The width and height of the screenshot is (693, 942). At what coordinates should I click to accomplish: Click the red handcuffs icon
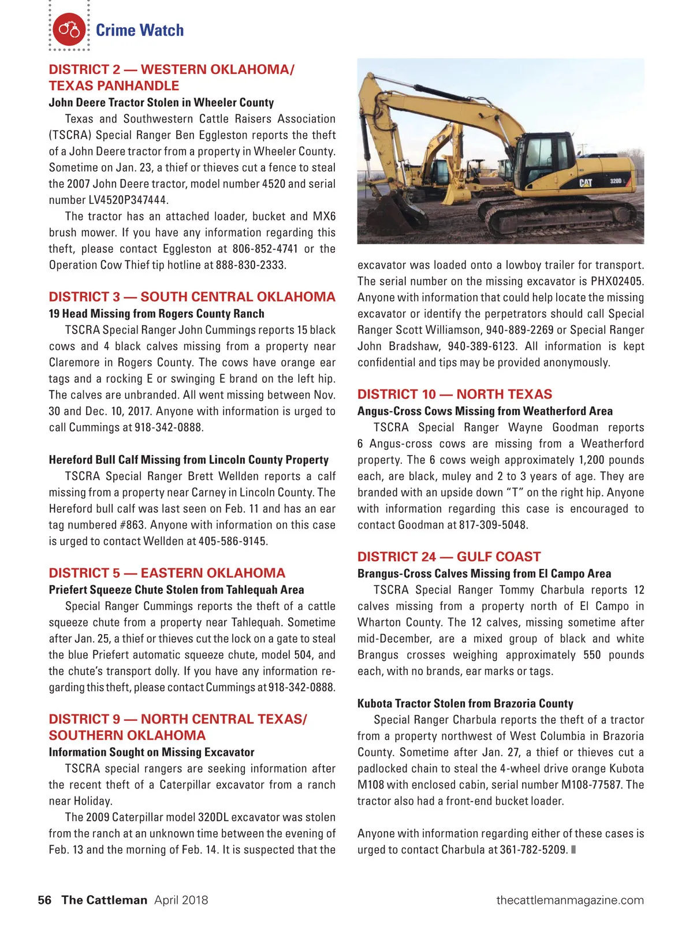69,29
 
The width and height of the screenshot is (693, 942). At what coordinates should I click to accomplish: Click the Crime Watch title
140,30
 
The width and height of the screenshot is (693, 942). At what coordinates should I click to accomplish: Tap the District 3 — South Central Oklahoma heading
192,297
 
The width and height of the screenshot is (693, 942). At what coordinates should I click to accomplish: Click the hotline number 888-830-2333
250,265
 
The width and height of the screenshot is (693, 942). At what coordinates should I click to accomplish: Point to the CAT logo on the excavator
586,183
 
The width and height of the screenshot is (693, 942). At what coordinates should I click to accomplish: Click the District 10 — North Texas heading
454,394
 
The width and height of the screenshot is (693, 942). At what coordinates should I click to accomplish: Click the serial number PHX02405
617,281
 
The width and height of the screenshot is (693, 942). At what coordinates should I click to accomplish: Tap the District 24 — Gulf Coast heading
449,557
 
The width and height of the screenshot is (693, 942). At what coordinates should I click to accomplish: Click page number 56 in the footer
44,900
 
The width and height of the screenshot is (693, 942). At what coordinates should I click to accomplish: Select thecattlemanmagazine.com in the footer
569,900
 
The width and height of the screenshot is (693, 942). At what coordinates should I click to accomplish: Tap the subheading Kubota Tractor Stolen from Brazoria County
465,703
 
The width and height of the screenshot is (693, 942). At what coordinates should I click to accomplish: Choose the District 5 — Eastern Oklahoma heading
167,573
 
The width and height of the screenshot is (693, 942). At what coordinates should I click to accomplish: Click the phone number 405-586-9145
232,542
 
